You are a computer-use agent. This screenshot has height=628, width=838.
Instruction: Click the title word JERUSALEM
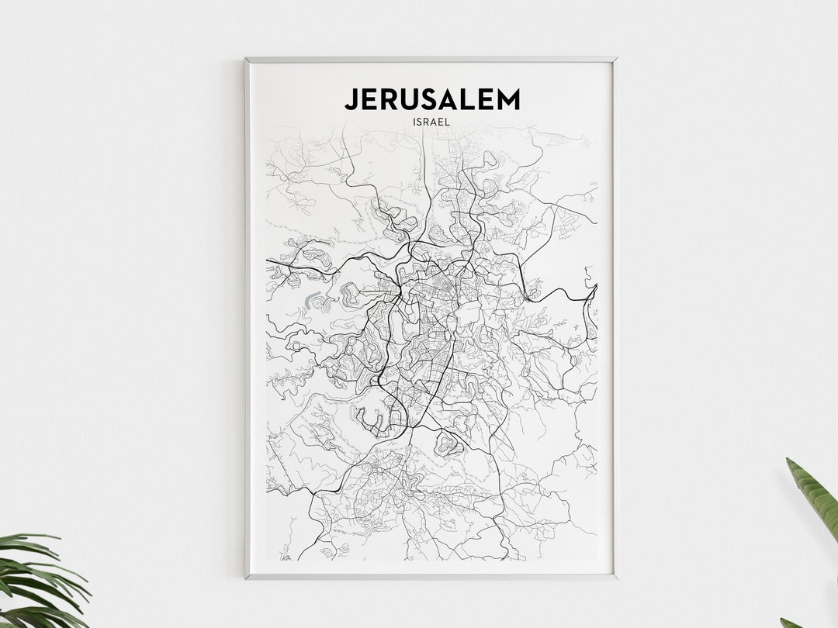point(432,99)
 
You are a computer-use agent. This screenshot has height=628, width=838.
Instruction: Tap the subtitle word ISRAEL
point(432,122)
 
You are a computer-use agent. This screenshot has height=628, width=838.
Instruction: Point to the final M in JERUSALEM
point(507,99)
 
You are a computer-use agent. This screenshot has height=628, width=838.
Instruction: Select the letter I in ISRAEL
point(415,122)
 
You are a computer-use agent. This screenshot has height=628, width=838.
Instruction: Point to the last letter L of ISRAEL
point(449,122)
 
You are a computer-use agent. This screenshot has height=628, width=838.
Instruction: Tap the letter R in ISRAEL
point(429,122)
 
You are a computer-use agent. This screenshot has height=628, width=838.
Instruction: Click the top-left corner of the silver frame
point(247,59)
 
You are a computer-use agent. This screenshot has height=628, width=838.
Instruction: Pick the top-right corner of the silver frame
point(615,59)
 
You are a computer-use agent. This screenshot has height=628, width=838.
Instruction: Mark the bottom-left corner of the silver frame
point(247,578)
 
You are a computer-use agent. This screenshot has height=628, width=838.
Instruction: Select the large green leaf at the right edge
point(815,496)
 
